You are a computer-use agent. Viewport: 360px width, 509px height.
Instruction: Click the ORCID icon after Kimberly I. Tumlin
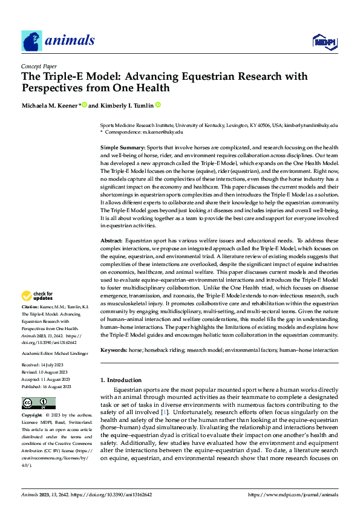coord(158,105)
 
